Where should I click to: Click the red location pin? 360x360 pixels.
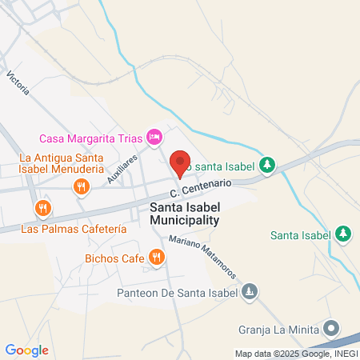180,162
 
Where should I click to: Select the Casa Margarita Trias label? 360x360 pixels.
91,138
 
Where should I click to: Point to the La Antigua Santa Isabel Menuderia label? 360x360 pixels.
62,163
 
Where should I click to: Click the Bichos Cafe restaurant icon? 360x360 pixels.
157,258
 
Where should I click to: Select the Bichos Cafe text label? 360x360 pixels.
115,258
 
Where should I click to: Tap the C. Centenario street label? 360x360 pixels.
200,189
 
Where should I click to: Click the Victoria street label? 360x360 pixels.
18,83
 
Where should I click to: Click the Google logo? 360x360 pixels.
26,350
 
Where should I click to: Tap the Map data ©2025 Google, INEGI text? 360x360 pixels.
295,354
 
